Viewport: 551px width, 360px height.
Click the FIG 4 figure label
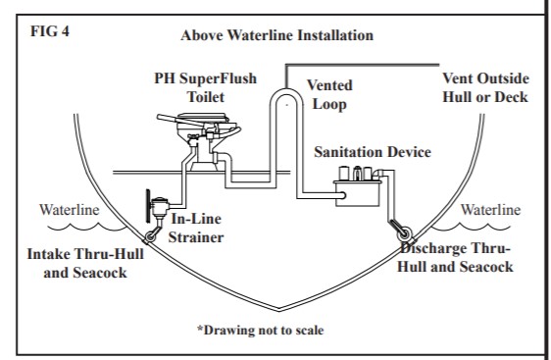[50, 31]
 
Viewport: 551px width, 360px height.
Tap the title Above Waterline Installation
[276, 35]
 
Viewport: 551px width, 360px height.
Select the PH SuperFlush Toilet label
[206, 87]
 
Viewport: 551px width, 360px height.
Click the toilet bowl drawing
[204, 140]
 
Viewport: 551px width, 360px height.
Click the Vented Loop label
[329, 94]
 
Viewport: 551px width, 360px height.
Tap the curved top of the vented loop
[286, 91]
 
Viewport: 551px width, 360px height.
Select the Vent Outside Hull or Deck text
[485, 87]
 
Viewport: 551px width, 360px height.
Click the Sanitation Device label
[373, 152]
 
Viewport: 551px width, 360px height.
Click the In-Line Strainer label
[196, 228]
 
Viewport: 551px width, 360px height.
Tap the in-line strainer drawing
[159, 206]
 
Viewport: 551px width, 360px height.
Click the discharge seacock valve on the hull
[404, 233]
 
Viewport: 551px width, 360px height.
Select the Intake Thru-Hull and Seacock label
[85, 263]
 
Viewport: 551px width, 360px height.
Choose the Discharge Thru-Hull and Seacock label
[456, 258]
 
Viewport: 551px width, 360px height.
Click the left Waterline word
[70, 210]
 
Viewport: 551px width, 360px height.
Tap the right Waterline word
[490, 210]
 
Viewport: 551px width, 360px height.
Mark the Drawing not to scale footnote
[261, 331]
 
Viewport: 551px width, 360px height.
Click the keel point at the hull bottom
[279, 310]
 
